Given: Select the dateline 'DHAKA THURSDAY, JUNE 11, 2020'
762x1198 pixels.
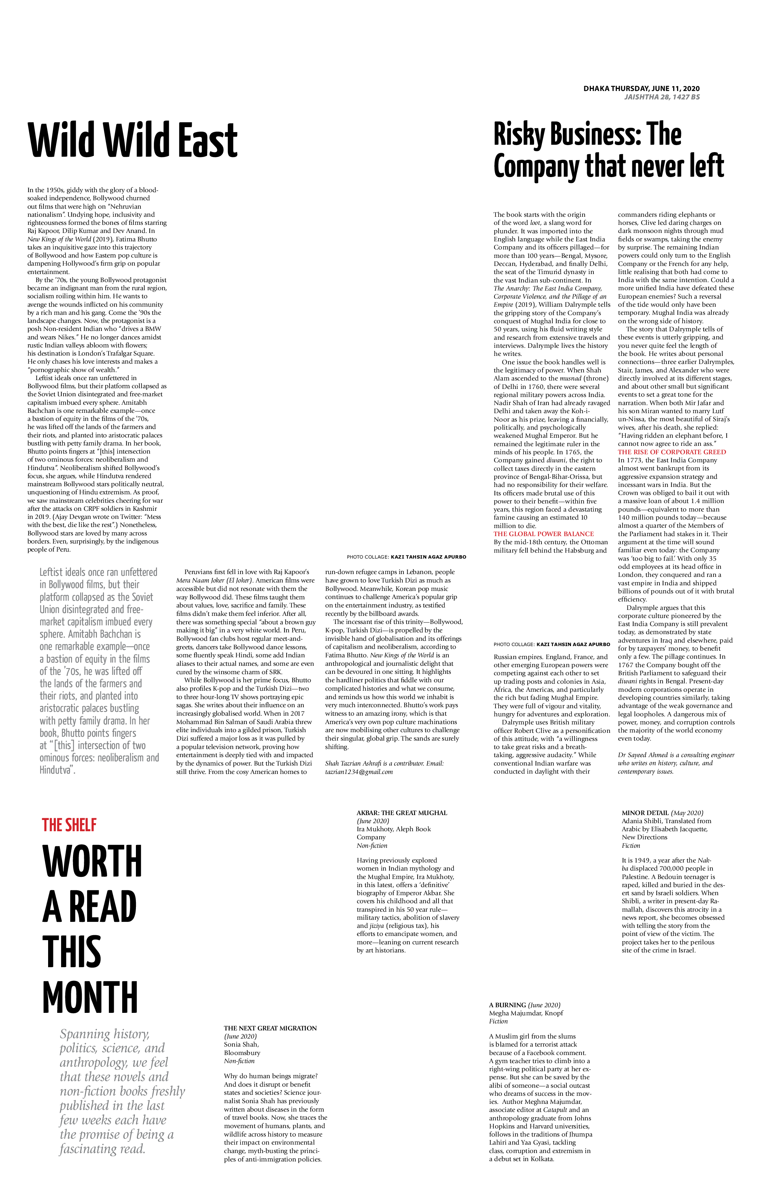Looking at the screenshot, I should coord(641,89).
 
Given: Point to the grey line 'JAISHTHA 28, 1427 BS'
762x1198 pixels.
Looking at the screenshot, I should coord(662,97).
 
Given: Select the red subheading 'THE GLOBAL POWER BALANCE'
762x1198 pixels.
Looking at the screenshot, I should coord(543,534).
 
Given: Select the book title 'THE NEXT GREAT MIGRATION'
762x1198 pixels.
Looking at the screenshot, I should coord(270,1028).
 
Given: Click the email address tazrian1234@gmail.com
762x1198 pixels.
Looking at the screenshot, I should coord(359,771).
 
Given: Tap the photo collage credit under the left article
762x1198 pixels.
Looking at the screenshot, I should coord(406,557).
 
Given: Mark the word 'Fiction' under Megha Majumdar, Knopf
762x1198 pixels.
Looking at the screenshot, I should coord(498,1021).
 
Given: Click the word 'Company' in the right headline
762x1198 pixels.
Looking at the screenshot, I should coord(536,166).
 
